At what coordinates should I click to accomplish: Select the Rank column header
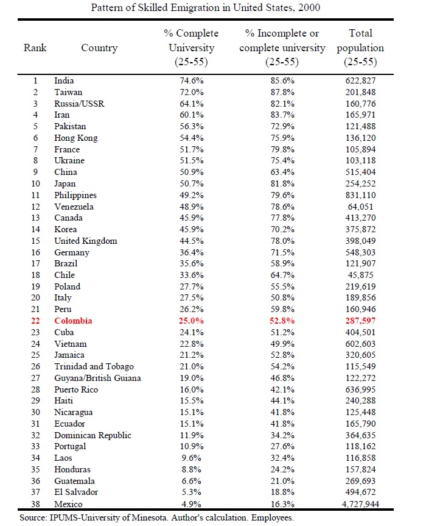click(35, 48)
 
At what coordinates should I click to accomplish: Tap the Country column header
click(99, 48)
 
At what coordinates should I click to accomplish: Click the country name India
click(64, 80)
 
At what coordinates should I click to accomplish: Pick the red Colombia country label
click(73, 321)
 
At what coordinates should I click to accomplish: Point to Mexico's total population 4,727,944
click(361, 504)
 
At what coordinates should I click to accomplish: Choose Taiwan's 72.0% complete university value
click(190, 92)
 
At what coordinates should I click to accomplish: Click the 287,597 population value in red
click(361, 321)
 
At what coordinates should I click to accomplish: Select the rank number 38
click(35, 504)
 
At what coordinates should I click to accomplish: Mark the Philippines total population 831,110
click(361, 195)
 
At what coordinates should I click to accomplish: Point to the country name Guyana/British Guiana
click(97, 378)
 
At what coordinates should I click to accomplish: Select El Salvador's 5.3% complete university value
click(190, 492)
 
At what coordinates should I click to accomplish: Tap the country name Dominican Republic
click(93, 435)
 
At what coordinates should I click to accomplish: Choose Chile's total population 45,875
click(361, 275)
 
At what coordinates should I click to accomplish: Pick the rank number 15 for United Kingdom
click(35, 241)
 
